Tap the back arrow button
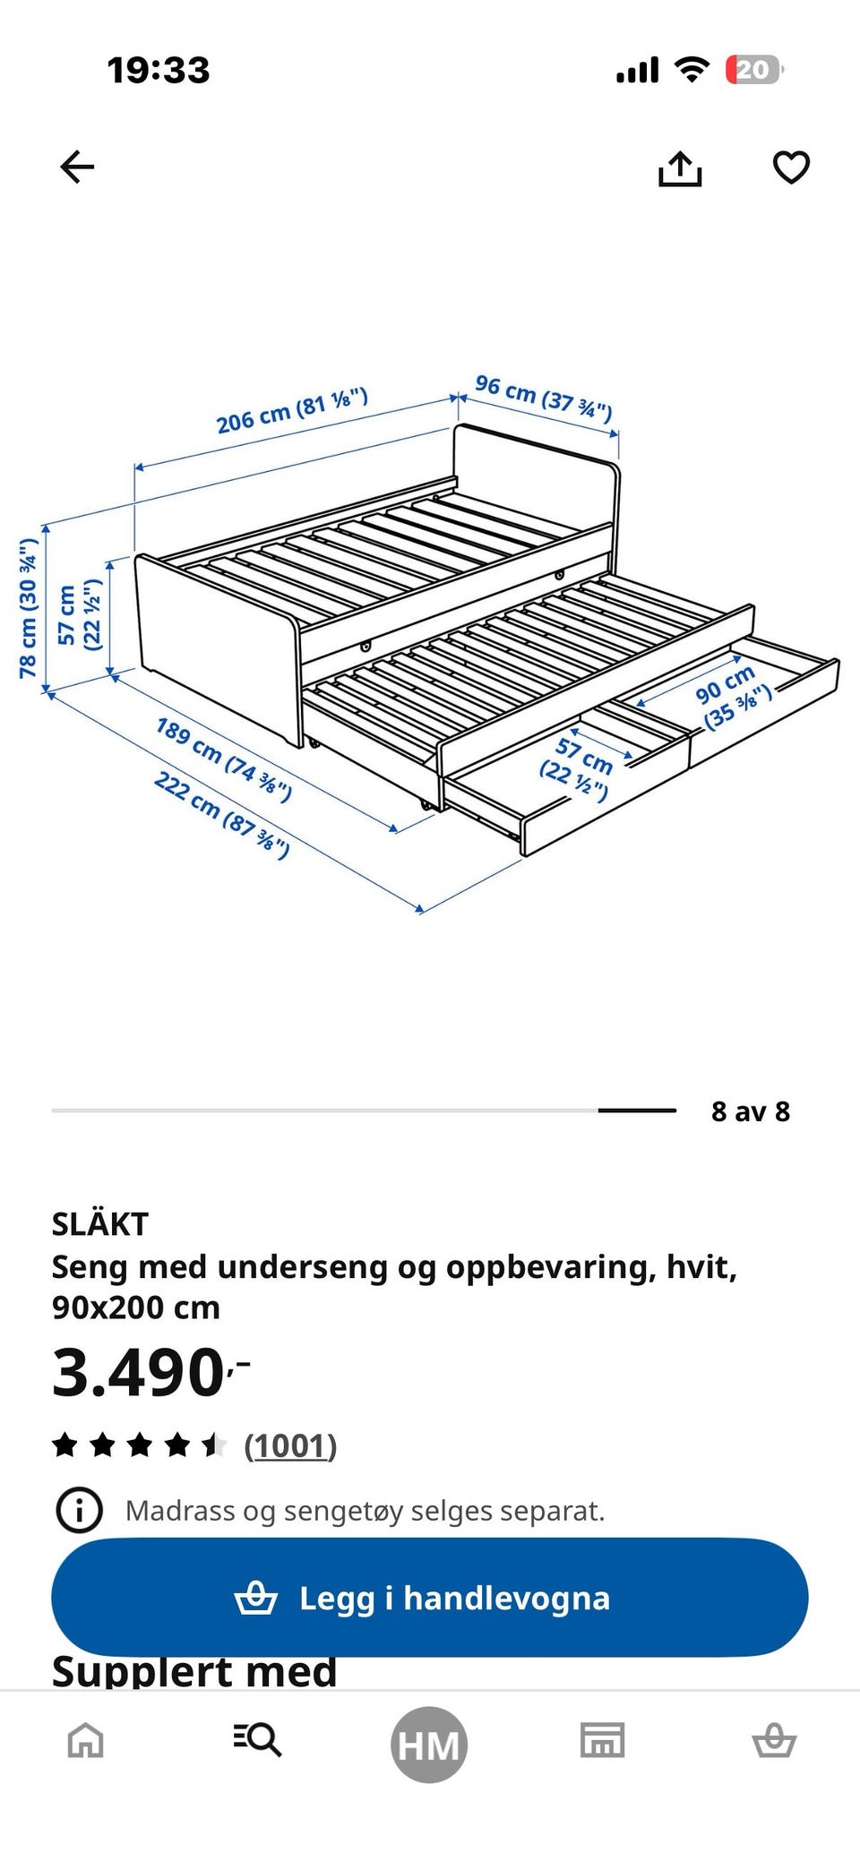[x=77, y=167]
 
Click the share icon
[x=680, y=168]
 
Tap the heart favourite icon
[x=791, y=167]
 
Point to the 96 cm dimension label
[x=544, y=397]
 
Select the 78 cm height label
[x=29, y=608]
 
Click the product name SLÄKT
[x=99, y=1223]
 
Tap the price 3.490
[x=150, y=1372]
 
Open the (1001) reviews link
[x=290, y=1445]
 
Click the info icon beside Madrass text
[x=80, y=1511]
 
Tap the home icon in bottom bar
[x=86, y=1741]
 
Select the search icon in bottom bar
[x=257, y=1740]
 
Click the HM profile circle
[x=429, y=1745]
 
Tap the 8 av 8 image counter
[x=751, y=1111]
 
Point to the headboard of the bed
[x=537, y=484]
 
